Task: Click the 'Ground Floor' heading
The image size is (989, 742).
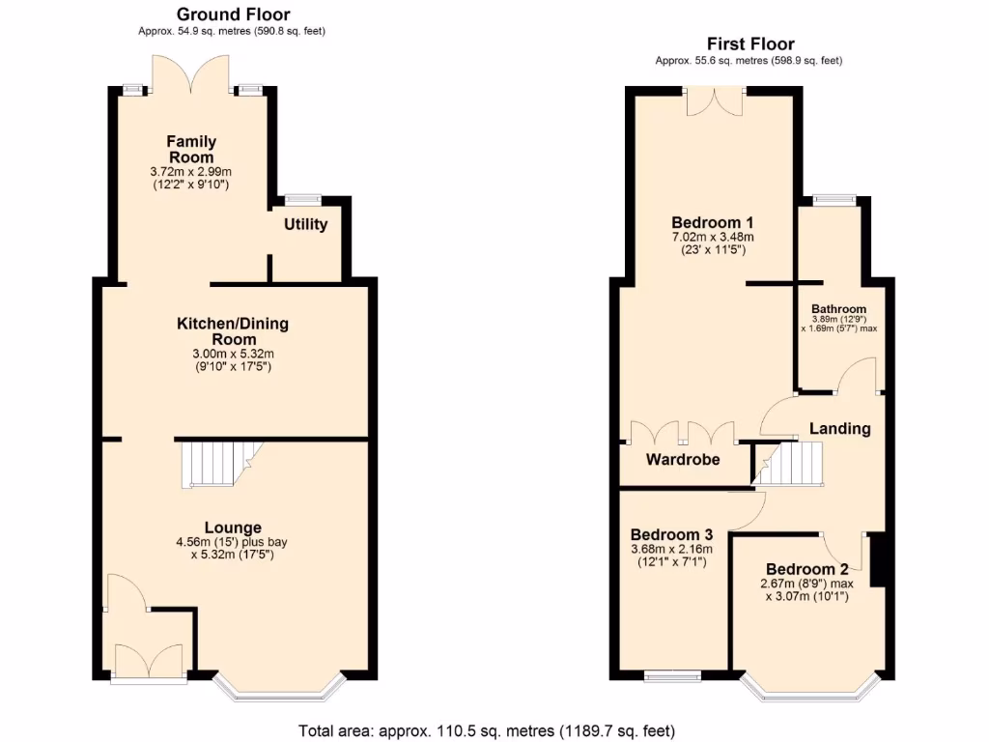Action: coord(232,14)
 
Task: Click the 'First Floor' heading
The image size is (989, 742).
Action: coord(749,43)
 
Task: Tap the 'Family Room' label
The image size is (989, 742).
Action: coord(191,150)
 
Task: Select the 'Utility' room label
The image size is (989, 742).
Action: coord(305,225)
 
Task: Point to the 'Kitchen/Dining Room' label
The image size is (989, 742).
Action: coord(232,331)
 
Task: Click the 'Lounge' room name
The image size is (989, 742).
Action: coord(232,528)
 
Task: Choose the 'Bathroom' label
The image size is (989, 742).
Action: coord(838,309)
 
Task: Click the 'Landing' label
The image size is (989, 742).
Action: coord(839,428)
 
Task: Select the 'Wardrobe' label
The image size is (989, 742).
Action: coord(683,460)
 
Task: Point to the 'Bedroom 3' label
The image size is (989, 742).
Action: coord(671,534)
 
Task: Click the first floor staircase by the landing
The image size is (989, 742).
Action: coord(789,464)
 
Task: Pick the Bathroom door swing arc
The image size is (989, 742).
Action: coord(856,375)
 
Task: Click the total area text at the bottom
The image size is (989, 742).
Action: coord(487,730)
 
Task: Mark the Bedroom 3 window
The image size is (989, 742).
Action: coord(672,676)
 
